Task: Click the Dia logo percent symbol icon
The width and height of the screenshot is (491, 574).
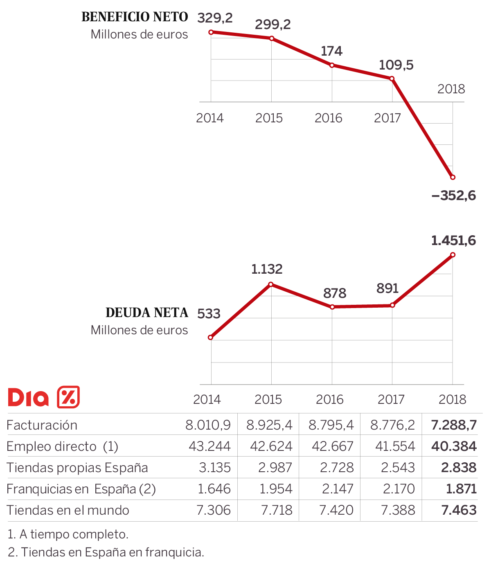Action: click(x=68, y=397)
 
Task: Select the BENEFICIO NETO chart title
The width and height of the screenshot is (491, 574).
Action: click(x=135, y=17)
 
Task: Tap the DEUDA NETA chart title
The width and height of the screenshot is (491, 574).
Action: click(x=146, y=313)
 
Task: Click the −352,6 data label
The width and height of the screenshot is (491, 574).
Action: click(x=454, y=196)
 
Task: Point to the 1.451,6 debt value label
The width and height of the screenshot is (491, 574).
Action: click(x=453, y=241)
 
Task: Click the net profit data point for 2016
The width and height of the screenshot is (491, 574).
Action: click(x=332, y=65)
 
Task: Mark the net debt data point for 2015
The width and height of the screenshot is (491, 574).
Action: click(x=271, y=284)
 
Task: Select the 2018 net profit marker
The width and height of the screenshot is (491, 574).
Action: click(x=453, y=177)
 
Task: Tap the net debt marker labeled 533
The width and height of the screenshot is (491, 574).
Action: click(x=211, y=338)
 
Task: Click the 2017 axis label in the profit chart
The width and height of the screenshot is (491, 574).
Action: click(x=387, y=118)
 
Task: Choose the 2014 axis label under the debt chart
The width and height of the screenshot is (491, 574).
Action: click(x=207, y=399)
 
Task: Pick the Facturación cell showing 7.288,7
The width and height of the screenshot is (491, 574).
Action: click(x=454, y=425)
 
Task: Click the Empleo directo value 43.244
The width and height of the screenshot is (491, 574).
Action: click(x=209, y=446)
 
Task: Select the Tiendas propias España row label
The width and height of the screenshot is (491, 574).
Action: click(x=77, y=468)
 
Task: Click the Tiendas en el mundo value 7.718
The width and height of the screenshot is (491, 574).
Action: click(x=277, y=510)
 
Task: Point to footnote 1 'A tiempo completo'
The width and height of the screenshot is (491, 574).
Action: click(x=68, y=534)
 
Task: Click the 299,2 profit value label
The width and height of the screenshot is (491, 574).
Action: click(x=273, y=25)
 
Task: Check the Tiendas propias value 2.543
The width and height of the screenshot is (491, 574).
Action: click(x=398, y=468)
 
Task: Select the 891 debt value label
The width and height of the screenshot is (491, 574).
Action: click(x=387, y=289)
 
